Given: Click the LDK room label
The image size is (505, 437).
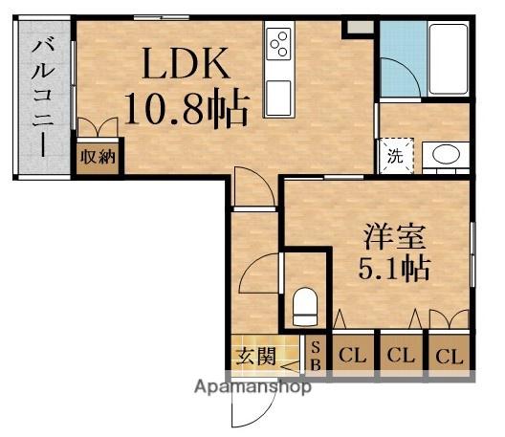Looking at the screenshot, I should coord(187,64).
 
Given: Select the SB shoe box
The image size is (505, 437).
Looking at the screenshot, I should coord(317,355).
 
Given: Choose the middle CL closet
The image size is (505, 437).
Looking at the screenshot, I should coord(400,357).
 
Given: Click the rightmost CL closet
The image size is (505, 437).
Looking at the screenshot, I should coord(449,357).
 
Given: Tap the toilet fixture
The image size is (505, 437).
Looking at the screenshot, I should coord(304,306).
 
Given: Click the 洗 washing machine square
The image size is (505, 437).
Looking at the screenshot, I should coord(395,157).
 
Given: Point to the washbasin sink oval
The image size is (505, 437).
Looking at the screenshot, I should coord(440,156).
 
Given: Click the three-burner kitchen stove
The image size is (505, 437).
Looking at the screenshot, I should coord(279,43).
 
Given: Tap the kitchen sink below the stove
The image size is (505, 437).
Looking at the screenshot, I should coord(279,97).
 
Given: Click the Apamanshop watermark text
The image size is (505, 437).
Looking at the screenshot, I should coord(252,388).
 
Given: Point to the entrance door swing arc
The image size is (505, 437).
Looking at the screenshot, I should coord(246,411).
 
